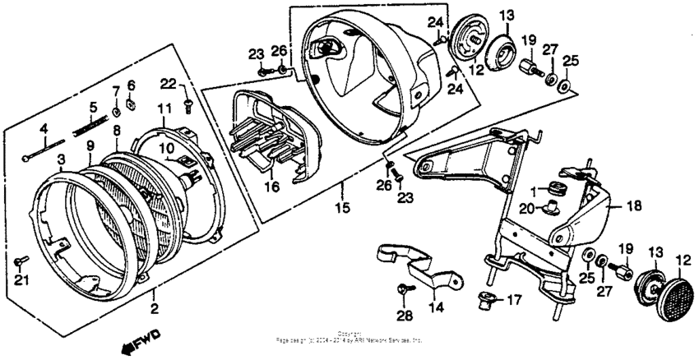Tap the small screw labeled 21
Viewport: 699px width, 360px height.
tap(21, 262)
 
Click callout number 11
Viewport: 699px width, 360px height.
tap(163, 108)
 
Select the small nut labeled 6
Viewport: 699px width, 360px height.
tap(132, 104)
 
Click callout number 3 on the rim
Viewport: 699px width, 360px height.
tap(60, 158)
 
